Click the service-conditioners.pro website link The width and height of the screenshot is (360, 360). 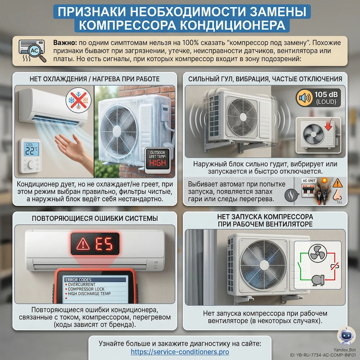(x=180, y=352)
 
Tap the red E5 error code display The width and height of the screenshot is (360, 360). (x=95, y=244)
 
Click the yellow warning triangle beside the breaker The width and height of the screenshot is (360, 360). (x=338, y=183)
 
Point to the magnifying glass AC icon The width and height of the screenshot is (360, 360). (x=32, y=51)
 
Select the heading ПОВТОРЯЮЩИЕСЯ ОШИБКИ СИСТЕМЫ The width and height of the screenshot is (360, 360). (x=95, y=219)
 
